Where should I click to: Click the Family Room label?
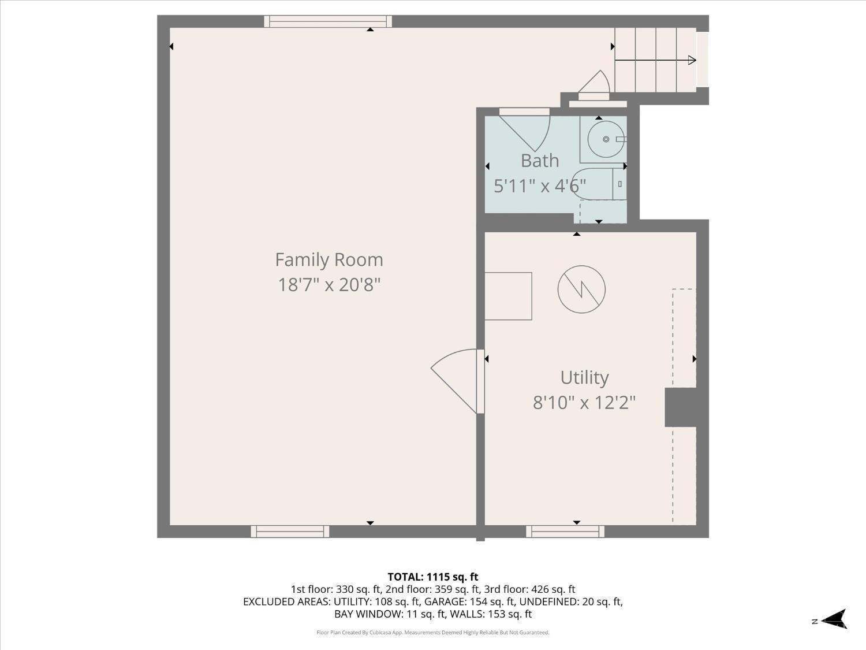[x=329, y=259]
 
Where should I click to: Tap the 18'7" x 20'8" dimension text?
[x=329, y=284]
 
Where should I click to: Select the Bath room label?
[x=540, y=161]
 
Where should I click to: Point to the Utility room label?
[x=584, y=378]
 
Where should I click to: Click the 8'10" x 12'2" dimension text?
[x=584, y=403]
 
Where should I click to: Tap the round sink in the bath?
[x=606, y=139]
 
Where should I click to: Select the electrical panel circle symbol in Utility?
[x=581, y=289]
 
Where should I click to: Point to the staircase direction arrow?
[x=655, y=60]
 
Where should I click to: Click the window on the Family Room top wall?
[x=328, y=21]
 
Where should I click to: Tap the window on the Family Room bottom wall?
[x=290, y=531]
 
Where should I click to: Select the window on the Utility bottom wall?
[x=565, y=531]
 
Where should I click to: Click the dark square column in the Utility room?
[x=681, y=407]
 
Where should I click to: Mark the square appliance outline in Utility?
[x=508, y=296]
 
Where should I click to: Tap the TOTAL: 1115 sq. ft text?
[x=433, y=577]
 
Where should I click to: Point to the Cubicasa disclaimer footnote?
[x=433, y=633]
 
